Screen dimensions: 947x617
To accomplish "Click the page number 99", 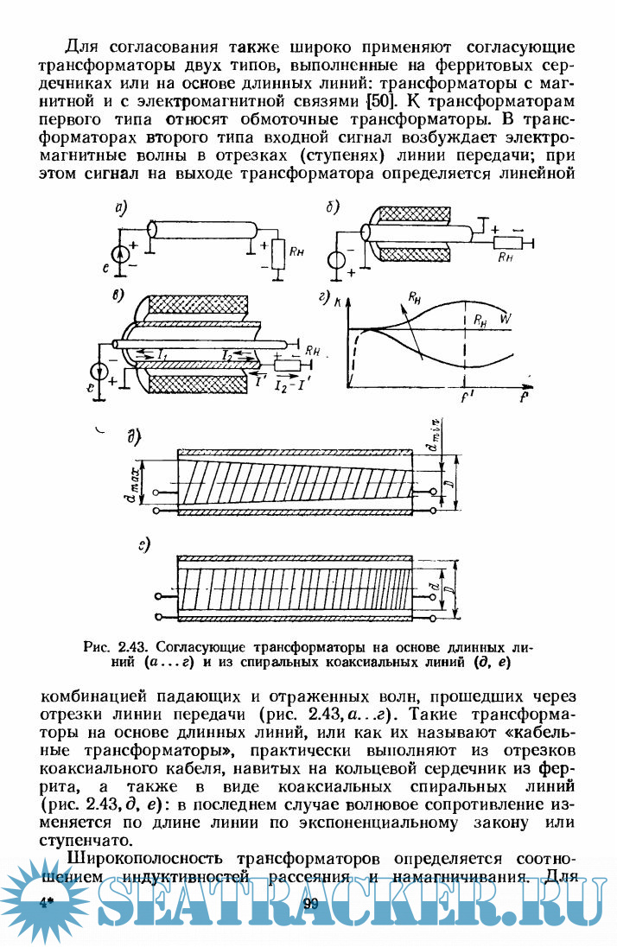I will (312, 905).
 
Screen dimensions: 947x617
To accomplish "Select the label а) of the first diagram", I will (121, 207).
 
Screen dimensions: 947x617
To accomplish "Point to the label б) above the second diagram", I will (332, 207).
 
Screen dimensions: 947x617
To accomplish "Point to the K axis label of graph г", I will (335, 300).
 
